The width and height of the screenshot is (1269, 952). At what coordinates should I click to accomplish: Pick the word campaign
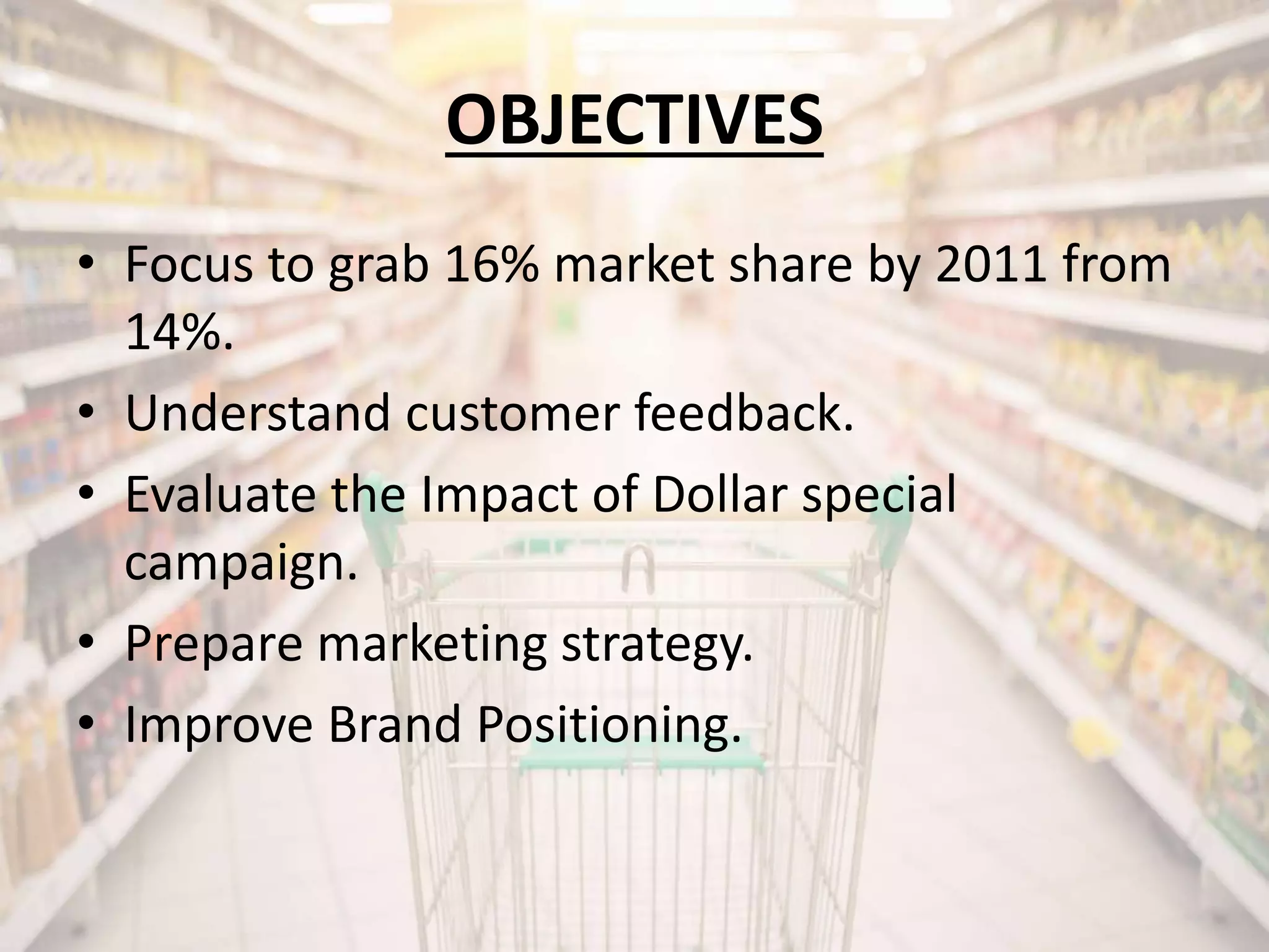pyautogui.click(x=240, y=564)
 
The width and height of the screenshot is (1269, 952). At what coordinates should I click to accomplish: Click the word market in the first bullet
pyautogui.click(x=632, y=265)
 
